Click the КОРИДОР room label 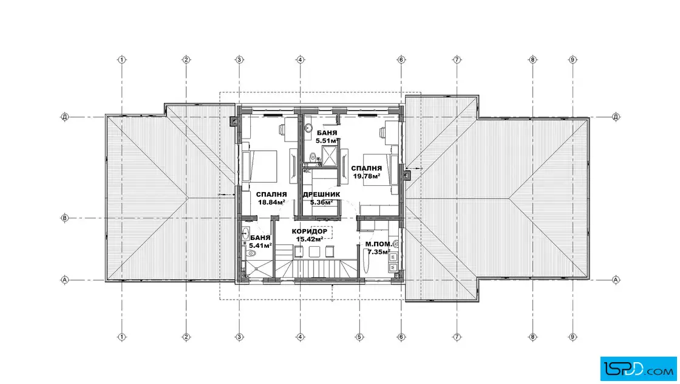pos(309,231)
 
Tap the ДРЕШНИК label pos(321,194)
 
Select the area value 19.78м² pos(367,176)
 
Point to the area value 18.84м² pos(271,202)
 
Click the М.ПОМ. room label pos(379,244)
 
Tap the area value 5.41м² pos(260,245)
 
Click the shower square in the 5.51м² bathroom pos(328,156)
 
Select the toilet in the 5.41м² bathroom pos(251,254)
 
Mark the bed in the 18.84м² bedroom pos(260,166)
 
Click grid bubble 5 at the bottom pos(359,337)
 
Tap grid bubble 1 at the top pos(122,60)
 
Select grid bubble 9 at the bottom pos(573,337)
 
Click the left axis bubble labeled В pos(64,218)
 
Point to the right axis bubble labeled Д pos(616,117)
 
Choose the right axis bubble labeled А pos(616,280)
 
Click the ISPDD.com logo pos(638,369)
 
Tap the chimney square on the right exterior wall pos(406,175)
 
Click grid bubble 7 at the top pos(457,60)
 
